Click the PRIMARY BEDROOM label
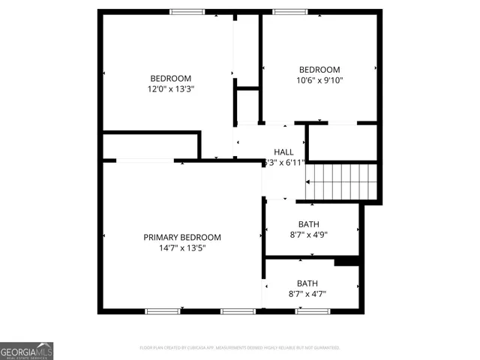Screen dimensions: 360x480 182,237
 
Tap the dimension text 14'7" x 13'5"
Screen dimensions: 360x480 182,248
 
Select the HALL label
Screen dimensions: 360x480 283,151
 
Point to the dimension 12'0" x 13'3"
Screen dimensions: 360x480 171,88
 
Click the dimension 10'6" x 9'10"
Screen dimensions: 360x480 319,79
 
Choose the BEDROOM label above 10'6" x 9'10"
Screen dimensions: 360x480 319,69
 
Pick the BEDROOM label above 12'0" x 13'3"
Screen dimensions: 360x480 171,78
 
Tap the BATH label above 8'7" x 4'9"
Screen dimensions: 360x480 308,223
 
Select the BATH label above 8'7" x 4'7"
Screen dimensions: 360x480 307,283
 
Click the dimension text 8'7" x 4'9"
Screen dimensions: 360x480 308,234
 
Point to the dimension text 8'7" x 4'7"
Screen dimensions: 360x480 307,293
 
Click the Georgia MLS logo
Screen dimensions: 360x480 27,351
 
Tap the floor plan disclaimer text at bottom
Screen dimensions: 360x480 240,348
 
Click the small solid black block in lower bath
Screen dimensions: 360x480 346,262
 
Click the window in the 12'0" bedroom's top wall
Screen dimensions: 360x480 187,11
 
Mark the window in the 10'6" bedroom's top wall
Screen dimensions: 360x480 284,11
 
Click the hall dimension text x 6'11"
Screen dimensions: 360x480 283,162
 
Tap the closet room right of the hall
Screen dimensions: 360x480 341,142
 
